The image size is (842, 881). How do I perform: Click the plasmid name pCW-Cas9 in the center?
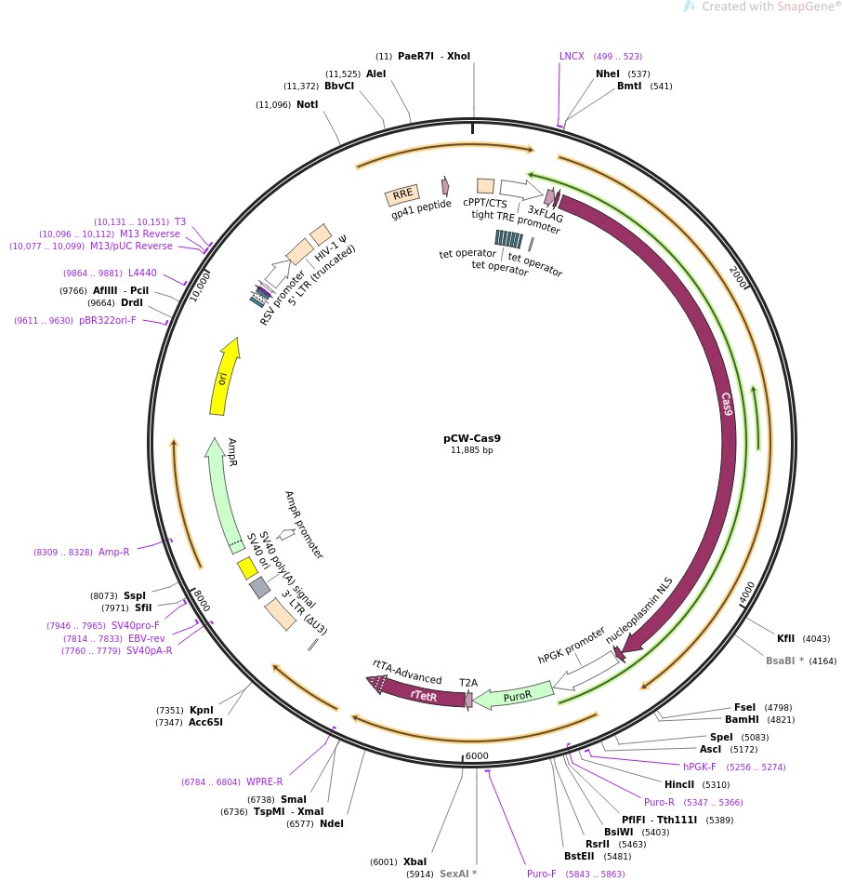coord(472,437)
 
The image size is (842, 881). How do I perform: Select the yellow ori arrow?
coord(223,377)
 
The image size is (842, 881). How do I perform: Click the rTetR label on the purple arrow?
coord(423,695)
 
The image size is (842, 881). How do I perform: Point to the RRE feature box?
coord(402,195)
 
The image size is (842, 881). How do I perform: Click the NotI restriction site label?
coord(307,104)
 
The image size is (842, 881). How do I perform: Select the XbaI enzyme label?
coord(414,861)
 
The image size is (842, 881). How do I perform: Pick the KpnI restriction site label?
coord(202,710)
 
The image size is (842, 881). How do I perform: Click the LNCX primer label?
coord(572,56)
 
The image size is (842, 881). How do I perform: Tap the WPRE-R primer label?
coord(264,781)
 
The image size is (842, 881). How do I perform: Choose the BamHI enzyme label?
coord(742,719)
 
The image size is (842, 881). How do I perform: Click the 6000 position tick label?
coord(477,756)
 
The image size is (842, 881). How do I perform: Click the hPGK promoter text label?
coord(572,645)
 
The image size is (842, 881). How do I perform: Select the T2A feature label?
coord(468,682)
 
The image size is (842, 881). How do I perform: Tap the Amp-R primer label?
coord(114,552)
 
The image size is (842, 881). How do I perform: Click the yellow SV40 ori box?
coord(246,567)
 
